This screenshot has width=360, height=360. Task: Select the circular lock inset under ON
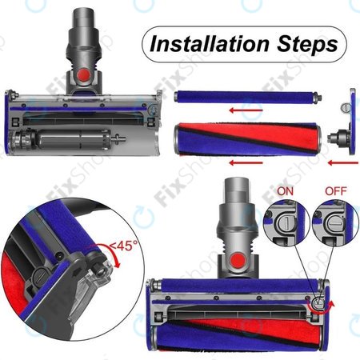click(285, 225)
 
